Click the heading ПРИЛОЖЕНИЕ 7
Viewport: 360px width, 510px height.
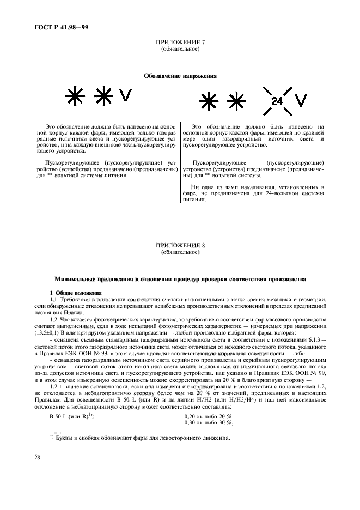tap(180, 42)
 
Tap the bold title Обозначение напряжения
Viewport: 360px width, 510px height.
tap(180, 76)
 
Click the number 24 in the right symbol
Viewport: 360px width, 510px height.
tap(277, 100)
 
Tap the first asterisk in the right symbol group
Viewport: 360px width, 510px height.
tap(208, 100)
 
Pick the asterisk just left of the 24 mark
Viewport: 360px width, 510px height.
tap(236, 100)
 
